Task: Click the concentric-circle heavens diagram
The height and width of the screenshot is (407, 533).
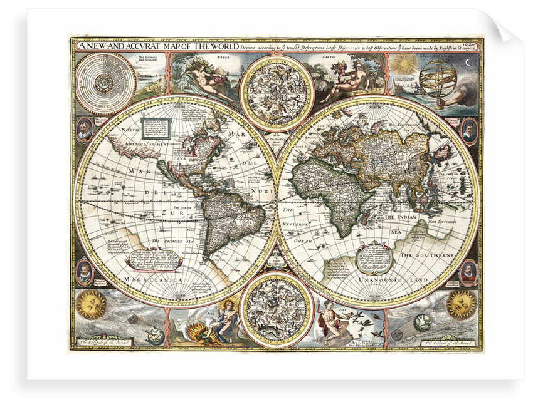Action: [105, 83]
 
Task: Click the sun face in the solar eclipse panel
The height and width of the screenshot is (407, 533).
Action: [91, 304]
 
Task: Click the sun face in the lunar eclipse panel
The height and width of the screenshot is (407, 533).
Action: [461, 304]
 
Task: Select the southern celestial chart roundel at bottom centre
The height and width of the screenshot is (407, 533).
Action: [277, 310]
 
